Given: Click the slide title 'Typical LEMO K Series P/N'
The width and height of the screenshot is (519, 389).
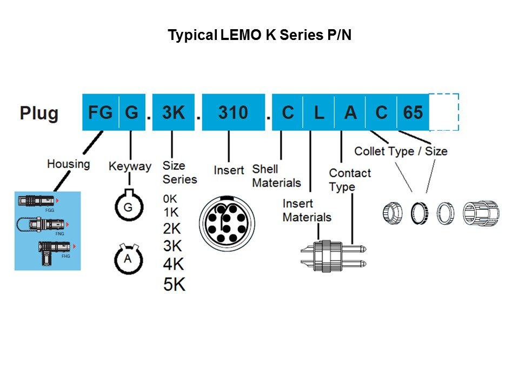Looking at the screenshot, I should tap(259, 36).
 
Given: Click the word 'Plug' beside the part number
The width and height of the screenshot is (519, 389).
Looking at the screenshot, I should tap(39, 113).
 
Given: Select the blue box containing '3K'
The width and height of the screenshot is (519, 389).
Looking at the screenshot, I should tap(173, 112).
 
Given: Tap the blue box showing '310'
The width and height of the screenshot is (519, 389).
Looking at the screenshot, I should tap(233, 112).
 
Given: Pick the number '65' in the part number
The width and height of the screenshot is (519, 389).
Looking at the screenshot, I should tap(412, 112).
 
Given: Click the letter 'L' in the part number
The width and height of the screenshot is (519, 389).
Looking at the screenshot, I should tap(319, 112).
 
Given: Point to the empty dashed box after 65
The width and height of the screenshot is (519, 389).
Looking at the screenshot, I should tap(444, 112).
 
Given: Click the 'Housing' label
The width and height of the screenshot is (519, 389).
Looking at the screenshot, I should tap(68, 163).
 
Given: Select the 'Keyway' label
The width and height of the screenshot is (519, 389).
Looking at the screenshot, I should tap(130, 166).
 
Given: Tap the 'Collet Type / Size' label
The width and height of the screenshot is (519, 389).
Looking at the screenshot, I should tap(401, 151).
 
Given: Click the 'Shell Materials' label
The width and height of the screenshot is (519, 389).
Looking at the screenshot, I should tap(276, 176).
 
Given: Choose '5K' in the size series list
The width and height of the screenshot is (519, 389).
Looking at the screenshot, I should tap(174, 284).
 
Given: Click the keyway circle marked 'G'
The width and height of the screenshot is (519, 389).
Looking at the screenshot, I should tap(128, 206).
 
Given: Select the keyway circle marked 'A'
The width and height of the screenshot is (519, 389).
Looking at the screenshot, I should tap(128, 259).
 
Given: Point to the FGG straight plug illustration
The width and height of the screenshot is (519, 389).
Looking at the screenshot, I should tap(36, 201).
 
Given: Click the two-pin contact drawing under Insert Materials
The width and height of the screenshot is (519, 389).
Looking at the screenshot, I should tap(333, 256).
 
